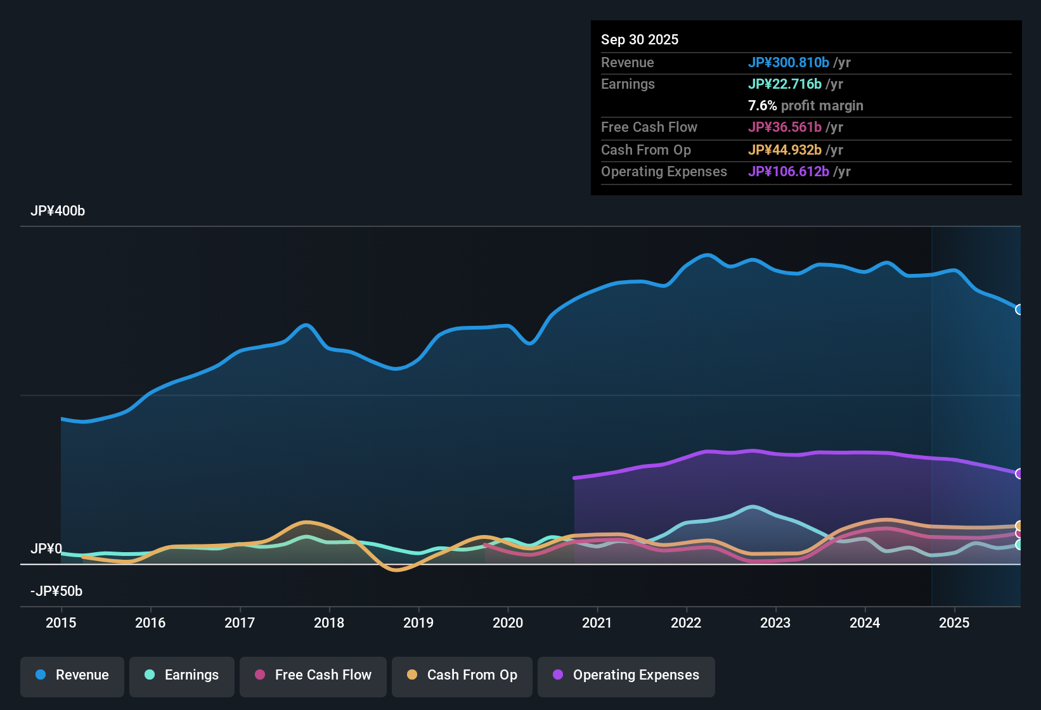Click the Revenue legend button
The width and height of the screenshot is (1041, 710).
[x=72, y=675]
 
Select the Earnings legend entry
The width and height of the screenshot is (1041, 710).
[x=182, y=675]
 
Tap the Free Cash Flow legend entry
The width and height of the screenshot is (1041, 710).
[x=313, y=675]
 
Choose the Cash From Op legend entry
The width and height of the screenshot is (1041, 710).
[x=462, y=675]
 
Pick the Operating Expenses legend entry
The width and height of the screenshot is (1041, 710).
[x=626, y=675]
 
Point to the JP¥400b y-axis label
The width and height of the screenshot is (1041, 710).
[x=58, y=211]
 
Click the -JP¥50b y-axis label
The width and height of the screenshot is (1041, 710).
[x=56, y=591]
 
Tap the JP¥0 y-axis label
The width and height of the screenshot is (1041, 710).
[x=46, y=549]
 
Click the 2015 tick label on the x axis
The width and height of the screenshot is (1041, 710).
[x=61, y=623]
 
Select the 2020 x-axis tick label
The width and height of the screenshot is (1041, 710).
[x=508, y=623]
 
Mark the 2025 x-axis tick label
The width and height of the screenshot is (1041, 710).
[x=954, y=623]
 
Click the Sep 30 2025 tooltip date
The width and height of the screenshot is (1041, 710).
[x=640, y=40]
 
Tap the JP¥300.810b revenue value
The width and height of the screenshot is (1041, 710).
[x=788, y=63]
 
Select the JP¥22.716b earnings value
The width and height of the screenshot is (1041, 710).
[x=784, y=84]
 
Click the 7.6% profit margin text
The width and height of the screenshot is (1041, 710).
[x=805, y=106]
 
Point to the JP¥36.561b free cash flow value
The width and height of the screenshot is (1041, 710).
[x=784, y=127]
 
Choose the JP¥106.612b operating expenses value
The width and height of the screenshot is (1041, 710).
[x=788, y=172]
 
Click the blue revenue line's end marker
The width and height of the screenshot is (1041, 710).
[x=1019, y=309]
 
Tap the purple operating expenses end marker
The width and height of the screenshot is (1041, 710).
[x=1019, y=474]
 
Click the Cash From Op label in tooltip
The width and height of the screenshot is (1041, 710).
[x=645, y=150]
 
